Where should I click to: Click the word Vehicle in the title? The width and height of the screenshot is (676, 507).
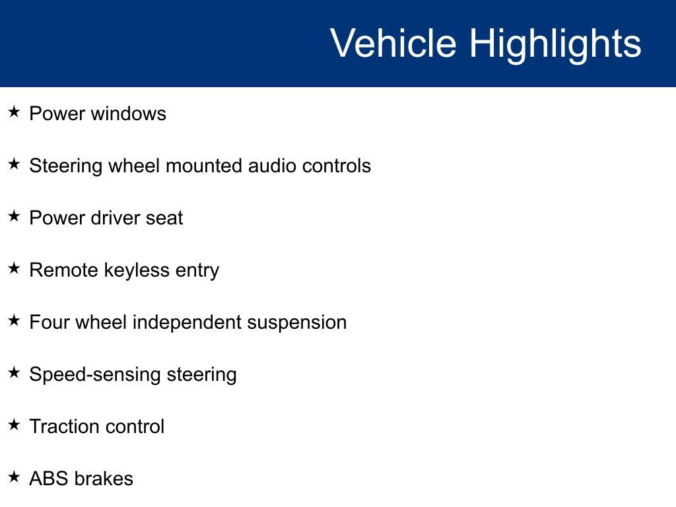click(393, 43)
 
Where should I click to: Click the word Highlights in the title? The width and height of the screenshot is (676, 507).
click(555, 44)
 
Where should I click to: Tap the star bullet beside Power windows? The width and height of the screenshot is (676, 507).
click(15, 112)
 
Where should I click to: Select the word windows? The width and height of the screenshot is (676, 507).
click(129, 114)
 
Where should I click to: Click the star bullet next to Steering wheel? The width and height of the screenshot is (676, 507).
click(15, 164)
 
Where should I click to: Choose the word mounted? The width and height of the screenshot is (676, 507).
click(205, 166)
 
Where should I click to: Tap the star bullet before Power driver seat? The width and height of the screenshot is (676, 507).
click(15, 216)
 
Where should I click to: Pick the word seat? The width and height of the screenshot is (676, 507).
click(164, 219)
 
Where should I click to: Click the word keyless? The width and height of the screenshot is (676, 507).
click(137, 271)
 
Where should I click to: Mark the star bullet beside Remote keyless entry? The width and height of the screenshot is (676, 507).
click(15, 268)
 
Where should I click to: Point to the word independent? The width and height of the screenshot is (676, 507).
click(187, 323)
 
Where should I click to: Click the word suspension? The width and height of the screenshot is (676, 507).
click(296, 323)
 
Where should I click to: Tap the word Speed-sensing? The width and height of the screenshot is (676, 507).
click(95, 375)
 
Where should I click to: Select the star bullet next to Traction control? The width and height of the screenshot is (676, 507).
click(15, 424)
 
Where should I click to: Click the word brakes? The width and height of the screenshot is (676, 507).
click(104, 479)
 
